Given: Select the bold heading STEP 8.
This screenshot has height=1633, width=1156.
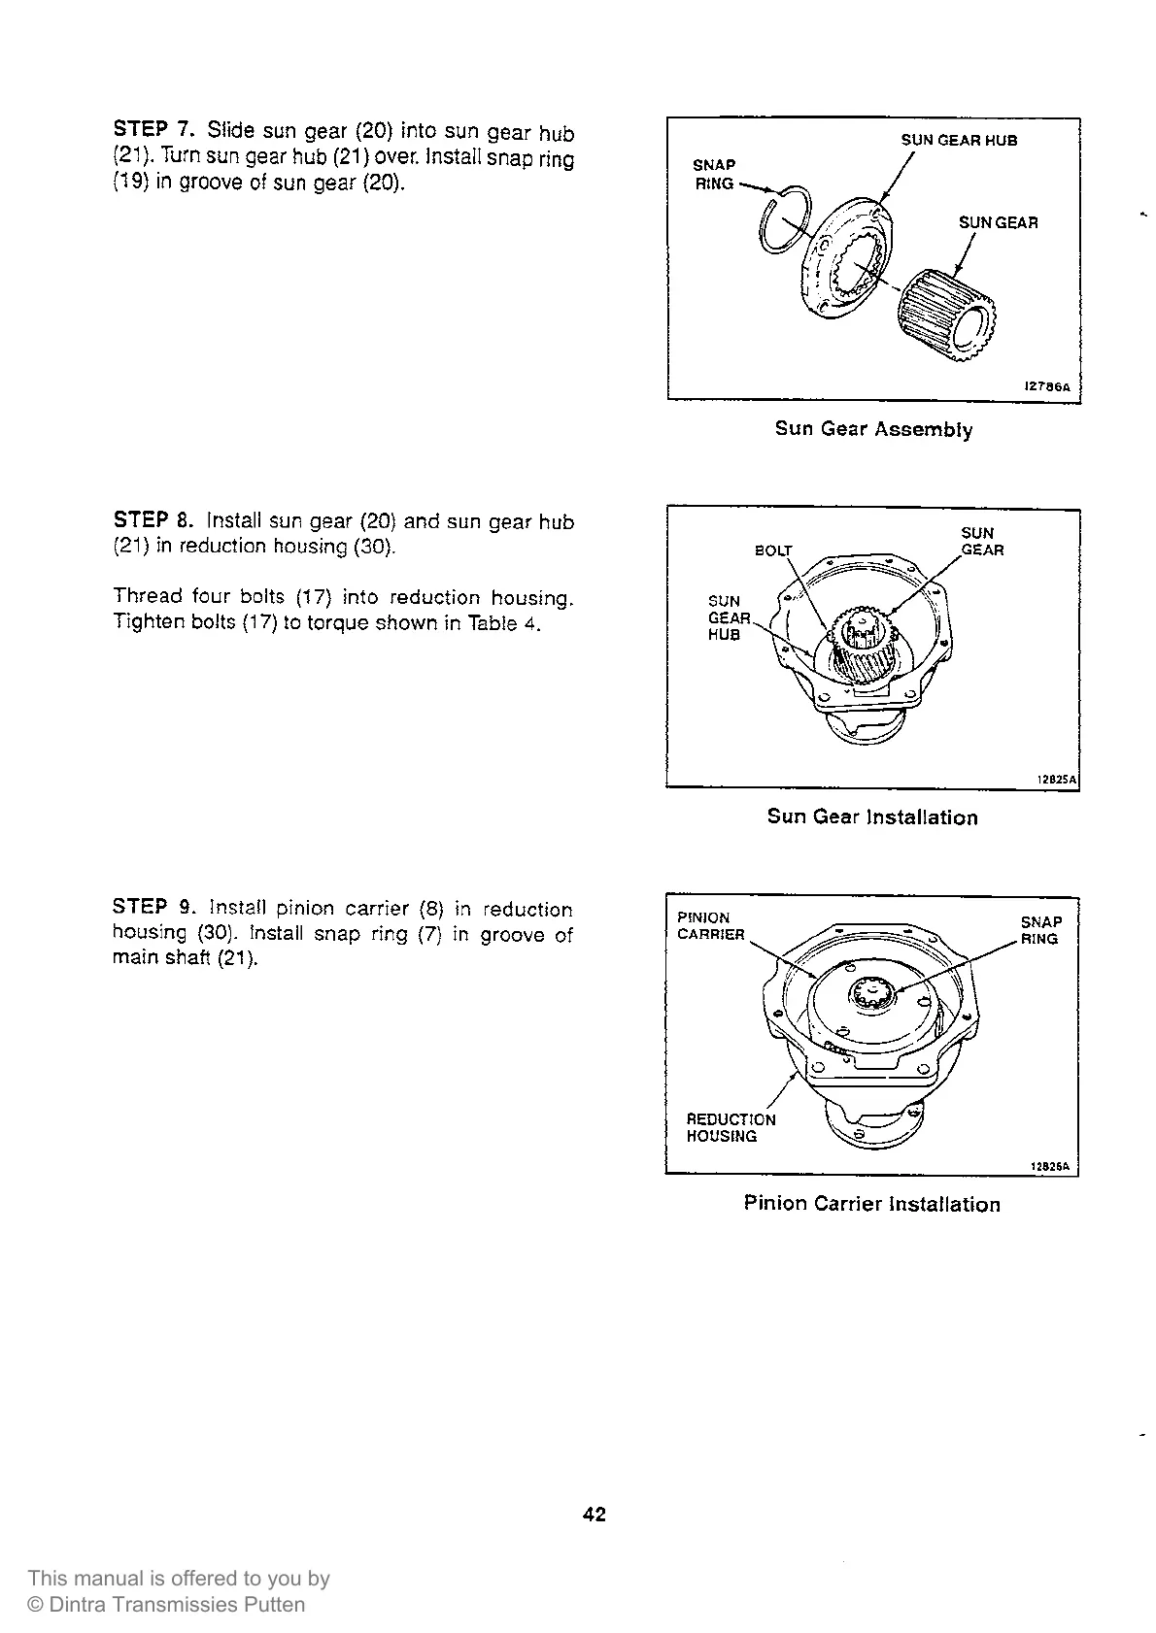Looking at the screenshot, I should coord(155,520).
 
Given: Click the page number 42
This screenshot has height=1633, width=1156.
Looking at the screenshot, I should coord(595,1514).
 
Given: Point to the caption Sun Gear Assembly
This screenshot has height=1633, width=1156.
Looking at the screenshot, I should coord(873,429).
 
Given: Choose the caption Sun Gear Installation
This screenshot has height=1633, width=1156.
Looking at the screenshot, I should coord(872,817).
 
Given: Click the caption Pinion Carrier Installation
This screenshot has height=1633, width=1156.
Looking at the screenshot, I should coord(871,1205).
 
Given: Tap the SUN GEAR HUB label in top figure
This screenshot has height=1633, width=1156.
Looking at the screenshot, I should coord(959,141).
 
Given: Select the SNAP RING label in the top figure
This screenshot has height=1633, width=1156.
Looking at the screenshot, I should coord(714,174).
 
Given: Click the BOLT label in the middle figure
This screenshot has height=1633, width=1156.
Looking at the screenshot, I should coord(774,550).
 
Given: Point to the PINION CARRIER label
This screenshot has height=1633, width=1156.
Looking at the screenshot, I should coord(710,926).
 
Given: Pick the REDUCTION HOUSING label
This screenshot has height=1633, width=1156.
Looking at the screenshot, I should coord(731,1128).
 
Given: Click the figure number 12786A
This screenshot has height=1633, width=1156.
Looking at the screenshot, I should coord(1046,386).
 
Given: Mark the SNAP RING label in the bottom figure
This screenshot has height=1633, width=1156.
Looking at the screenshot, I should coord(1040,930).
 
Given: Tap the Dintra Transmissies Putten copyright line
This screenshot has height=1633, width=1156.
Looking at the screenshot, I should coord(166,1604).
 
